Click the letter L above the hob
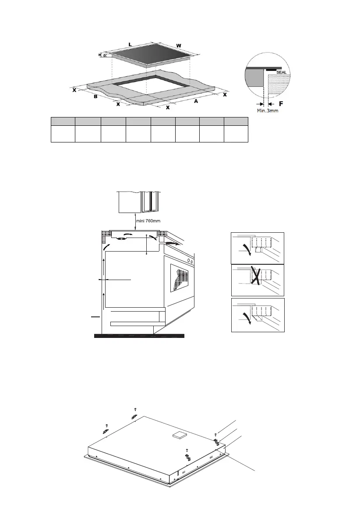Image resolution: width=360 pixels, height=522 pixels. [x=131, y=44]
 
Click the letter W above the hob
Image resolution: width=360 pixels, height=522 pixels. [x=179, y=46]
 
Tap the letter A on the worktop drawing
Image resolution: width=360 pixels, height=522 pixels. [x=196, y=101]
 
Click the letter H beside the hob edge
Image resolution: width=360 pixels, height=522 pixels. [x=100, y=55]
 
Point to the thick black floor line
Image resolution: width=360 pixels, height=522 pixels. [x=140, y=336]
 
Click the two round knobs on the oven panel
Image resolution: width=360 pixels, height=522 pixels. [x=191, y=260]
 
